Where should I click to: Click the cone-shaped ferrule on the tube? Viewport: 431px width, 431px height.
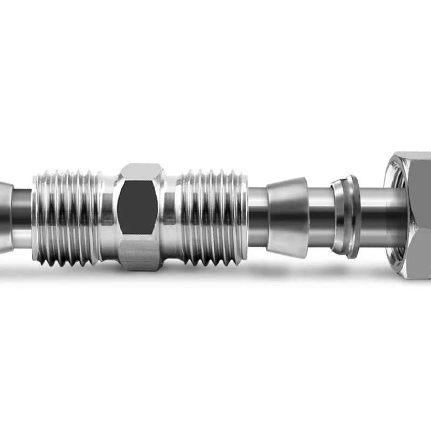click(x=288, y=215)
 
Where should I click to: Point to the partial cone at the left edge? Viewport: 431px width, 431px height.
click(x=5, y=215)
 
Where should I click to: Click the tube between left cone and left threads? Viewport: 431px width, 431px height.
click(x=22, y=215)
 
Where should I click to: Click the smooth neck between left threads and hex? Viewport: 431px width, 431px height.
click(x=108, y=215)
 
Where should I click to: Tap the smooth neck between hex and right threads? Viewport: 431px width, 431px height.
click(x=171, y=215)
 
